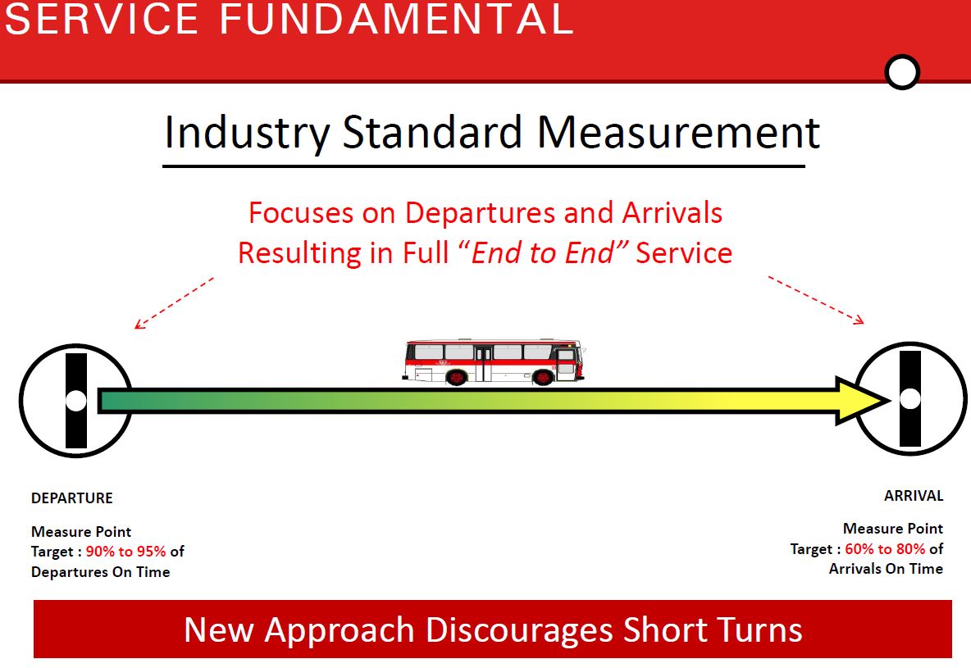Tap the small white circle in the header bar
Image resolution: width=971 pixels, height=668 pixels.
tap(902, 72)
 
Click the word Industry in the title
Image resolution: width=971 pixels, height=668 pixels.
tap(247, 133)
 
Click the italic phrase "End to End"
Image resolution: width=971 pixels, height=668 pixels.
tap(543, 252)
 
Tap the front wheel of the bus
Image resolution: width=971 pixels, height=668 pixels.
tap(543, 376)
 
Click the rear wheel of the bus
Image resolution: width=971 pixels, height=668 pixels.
tap(457, 376)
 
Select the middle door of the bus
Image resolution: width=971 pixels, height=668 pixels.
tap(483, 363)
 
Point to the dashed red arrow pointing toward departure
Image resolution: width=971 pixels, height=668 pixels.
tap(174, 303)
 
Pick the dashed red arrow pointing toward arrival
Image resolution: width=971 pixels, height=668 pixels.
tap(816, 300)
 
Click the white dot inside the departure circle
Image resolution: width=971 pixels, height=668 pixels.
tap(76, 401)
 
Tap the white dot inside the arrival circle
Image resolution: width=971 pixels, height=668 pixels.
tap(909, 398)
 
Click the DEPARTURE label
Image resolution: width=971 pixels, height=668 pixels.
tap(72, 498)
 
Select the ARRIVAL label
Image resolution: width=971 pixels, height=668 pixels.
tap(914, 496)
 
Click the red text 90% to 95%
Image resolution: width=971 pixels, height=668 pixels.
tap(125, 552)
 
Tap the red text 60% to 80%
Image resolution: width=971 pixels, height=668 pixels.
tap(885, 549)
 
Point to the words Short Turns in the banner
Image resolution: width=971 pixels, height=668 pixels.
tap(713, 629)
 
